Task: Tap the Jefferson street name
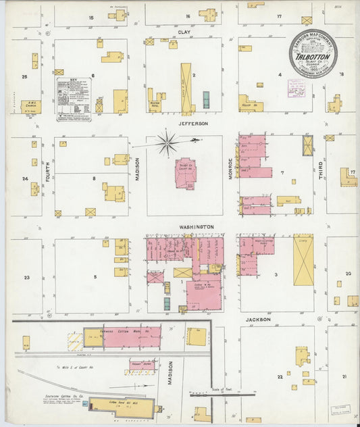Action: tap(192, 124)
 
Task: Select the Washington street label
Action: tap(197, 227)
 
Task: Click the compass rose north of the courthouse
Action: tap(168, 143)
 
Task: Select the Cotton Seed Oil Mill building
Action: tap(122, 405)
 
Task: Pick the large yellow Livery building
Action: tap(303, 259)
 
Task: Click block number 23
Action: tap(27, 278)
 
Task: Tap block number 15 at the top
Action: tap(90, 17)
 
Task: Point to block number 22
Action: tap(279, 376)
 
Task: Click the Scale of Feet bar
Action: tap(203, 393)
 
